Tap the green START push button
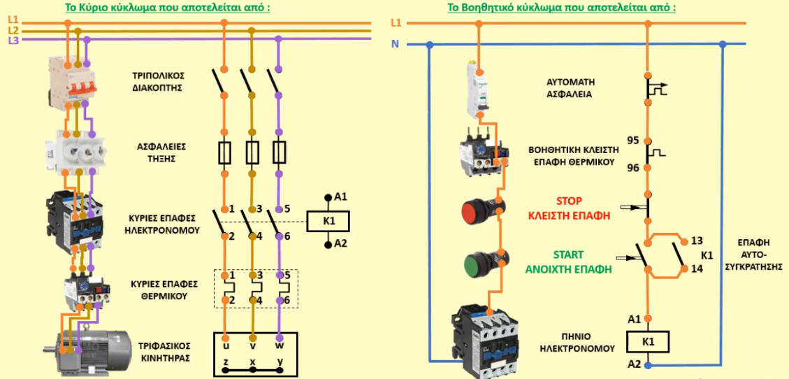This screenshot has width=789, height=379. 480,264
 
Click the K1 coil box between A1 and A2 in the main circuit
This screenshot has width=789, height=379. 328,220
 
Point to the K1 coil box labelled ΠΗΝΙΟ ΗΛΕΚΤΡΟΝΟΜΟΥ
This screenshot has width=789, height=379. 648,342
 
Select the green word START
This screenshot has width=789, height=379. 568,255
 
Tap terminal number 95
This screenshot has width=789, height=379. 633,141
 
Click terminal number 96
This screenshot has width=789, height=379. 633,168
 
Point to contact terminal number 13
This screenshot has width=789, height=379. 695,240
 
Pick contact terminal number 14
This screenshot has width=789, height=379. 695,269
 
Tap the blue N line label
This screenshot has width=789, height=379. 396,45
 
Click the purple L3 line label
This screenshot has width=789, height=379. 13,41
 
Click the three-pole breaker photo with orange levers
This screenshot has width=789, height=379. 72,82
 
